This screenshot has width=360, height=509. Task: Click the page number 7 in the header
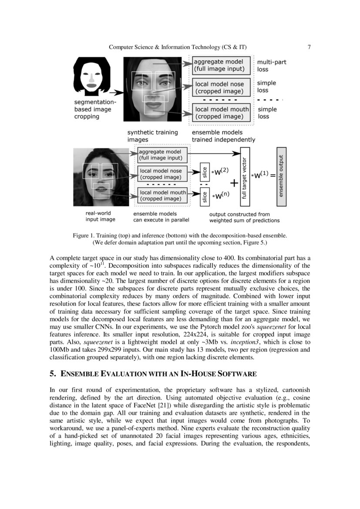point(309,47)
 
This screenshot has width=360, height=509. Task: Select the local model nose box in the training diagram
point(222,88)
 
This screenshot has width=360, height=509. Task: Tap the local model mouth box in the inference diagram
point(162,196)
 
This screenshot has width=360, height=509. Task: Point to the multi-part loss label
point(272,66)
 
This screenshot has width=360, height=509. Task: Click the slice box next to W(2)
point(204,173)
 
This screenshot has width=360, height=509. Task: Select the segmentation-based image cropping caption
point(92,109)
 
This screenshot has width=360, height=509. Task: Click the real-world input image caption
point(100,217)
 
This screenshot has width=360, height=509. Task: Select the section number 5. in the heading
point(53,374)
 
